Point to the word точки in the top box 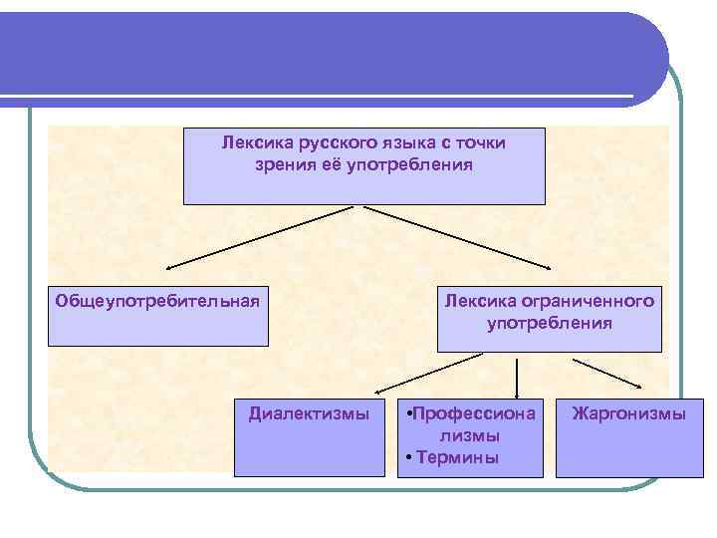click(482, 142)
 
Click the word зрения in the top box click(285, 163)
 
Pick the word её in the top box click(330, 163)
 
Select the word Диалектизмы click(309, 412)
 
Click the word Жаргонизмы click(628, 412)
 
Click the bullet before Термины click(410, 458)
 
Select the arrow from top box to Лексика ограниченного click(458, 238)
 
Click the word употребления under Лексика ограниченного click(550, 323)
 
